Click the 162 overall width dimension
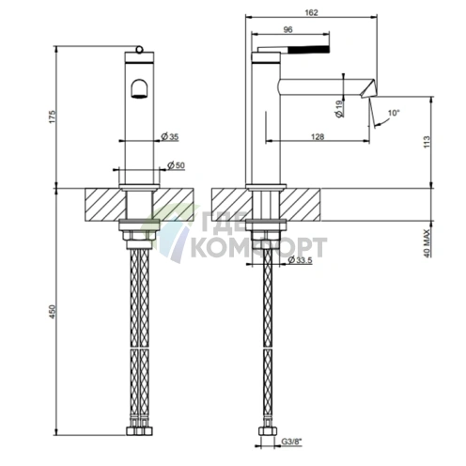(311, 12)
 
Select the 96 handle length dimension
(287, 29)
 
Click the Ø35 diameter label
(169, 136)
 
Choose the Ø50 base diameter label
(176, 165)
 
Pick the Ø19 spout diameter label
(339, 109)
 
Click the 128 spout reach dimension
(318, 136)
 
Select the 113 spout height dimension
(427, 142)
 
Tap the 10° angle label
(394, 113)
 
